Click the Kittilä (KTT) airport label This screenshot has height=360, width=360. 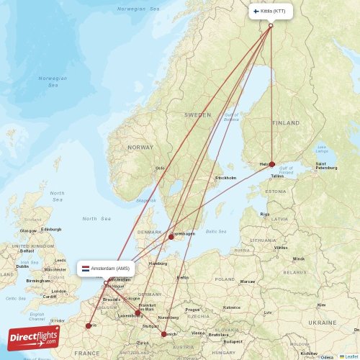tap(274, 12)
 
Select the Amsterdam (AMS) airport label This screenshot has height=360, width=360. tap(109, 269)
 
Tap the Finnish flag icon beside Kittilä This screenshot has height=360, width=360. tap(255, 12)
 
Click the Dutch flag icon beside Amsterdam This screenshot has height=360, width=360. tap(86, 269)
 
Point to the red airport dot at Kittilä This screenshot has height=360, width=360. tap(271, 26)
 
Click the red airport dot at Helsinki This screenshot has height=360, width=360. tap(271, 164)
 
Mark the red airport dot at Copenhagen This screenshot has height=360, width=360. tap(171, 236)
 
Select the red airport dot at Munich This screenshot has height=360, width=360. tap(164, 333)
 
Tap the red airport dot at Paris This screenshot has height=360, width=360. tap(89, 325)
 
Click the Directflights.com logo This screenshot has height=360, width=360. tap(34, 337)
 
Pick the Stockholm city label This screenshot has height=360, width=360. tap(225, 178)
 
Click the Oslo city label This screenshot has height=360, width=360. tap(160, 168)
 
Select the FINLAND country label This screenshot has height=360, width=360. tap(286, 123)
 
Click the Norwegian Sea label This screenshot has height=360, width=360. tap(53, 82)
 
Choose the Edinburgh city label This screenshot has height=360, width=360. tap(51, 229)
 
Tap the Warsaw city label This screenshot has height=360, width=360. tap(247, 282)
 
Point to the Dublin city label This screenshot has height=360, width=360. tap(22, 266)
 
